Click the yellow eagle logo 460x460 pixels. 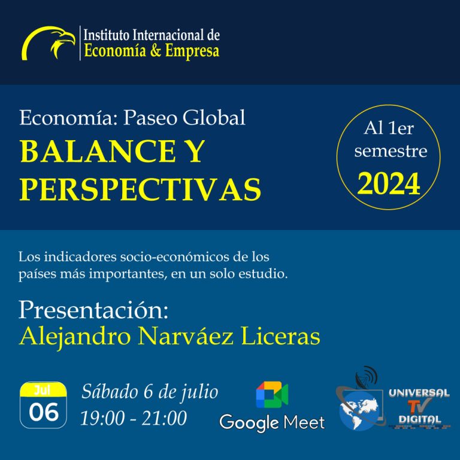click(49, 43)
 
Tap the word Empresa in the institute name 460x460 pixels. click(192, 51)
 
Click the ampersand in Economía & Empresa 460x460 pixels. click(156, 50)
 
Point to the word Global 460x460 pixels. click(214, 117)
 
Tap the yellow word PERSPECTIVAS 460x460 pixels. click(140, 189)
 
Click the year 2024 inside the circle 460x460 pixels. click(389, 184)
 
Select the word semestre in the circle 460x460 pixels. click(391, 151)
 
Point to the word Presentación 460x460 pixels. click(93, 310)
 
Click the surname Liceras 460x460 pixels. click(280, 336)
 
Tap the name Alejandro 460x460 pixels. click(75, 337)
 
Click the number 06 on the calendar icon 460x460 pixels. click(44, 412)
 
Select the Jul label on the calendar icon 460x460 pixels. click(43, 390)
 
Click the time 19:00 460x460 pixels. click(102, 417)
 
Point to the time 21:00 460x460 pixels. click(164, 417)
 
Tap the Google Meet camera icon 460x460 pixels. click(272, 395)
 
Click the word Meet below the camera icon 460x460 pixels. click(304, 423)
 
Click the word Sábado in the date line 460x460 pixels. click(110, 392)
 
